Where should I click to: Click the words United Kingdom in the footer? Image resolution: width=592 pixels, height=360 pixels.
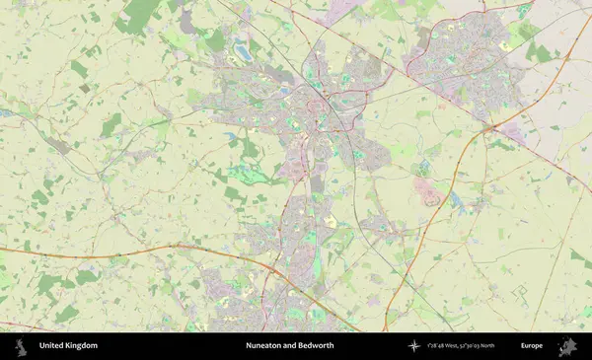(x=68, y=346)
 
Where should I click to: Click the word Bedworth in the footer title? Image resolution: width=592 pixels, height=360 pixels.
(x=315, y=346)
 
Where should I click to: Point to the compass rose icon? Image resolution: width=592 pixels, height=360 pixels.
(x=414, y=346)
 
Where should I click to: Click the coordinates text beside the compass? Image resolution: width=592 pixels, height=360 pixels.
(x=461, y=346)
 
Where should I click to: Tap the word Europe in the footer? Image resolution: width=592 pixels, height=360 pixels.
(x=532, y=346)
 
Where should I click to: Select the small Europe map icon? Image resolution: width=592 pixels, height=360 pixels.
(x=566, y=346)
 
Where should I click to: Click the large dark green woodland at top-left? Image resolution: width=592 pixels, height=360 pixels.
(x=141, y=15)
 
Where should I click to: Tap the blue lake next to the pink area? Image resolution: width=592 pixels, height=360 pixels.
(x=454, y=200)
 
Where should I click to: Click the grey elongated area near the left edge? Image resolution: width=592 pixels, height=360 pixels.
(x=57, y=144)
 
